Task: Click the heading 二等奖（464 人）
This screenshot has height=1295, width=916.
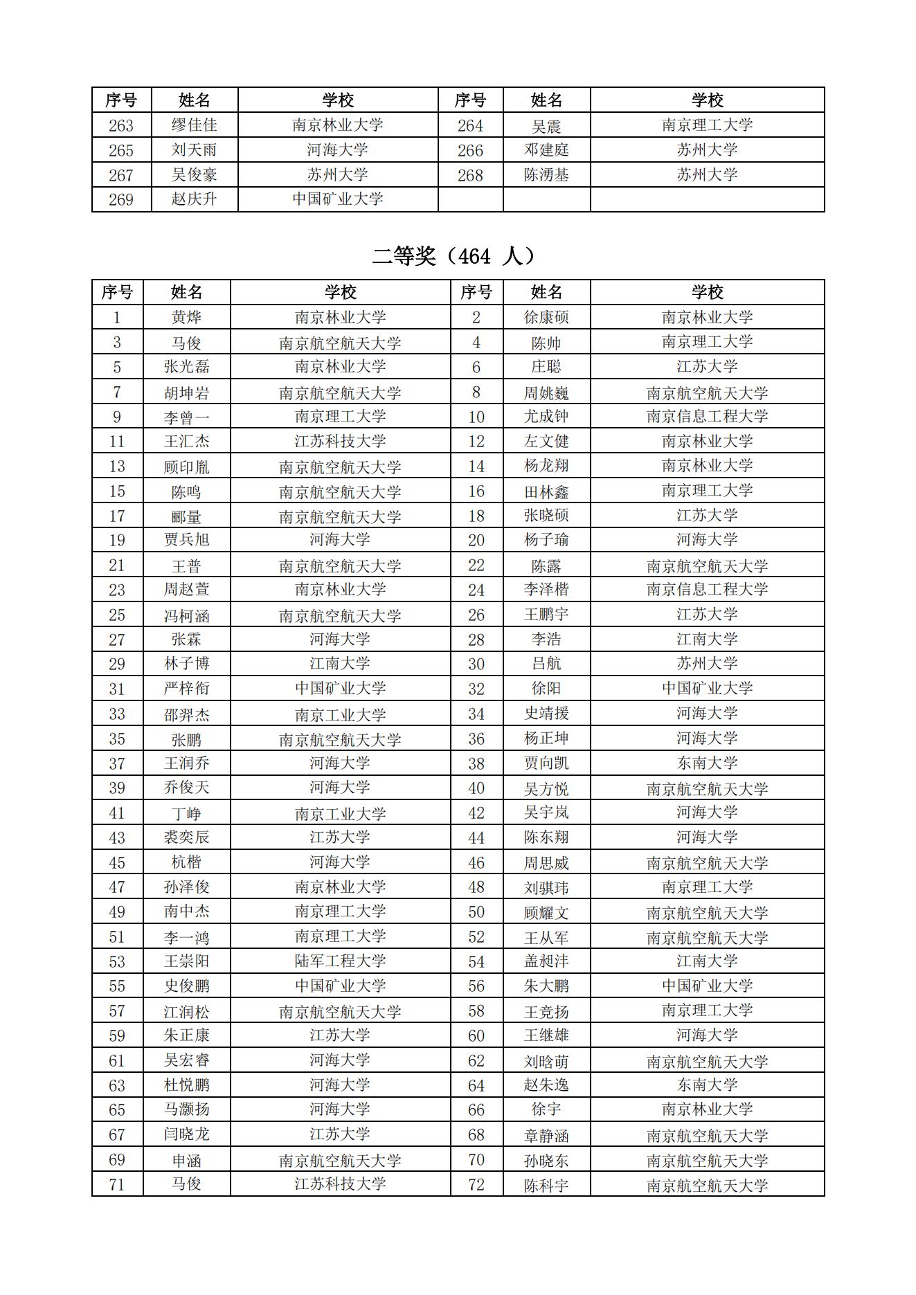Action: tap(454, 257)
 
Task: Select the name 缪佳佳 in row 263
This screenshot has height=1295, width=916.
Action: tap(194, 125)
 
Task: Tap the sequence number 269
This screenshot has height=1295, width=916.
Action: tap(121, 199)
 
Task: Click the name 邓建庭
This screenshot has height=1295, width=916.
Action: tap(546, 150)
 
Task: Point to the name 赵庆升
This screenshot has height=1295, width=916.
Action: tap(194, 199)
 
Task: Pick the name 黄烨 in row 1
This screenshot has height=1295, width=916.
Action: tap(186, 318)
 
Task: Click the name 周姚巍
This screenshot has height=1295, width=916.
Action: tap(546, 393)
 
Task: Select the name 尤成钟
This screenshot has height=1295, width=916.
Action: tap(546, 417)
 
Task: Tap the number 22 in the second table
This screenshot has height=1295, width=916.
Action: tap(476, 565)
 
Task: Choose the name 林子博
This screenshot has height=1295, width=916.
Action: tap(186, 664)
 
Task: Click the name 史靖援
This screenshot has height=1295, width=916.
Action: tap(546, 714)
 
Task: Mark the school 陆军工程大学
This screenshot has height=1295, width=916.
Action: tap(340, 961)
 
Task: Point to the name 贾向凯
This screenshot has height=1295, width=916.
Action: tap(546, 763)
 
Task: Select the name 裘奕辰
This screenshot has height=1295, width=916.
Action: tap(186, 837)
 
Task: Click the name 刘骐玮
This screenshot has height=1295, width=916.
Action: tap(546, 887)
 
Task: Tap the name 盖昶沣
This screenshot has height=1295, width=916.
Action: tap(546, 961)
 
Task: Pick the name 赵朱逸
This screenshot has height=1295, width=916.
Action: tap(546, 1085)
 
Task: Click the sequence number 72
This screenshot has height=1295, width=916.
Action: tap(476, 1184)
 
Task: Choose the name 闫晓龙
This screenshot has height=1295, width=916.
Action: tap(186, 1134)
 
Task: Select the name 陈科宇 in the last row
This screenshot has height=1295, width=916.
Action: tap(546, 1185)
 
